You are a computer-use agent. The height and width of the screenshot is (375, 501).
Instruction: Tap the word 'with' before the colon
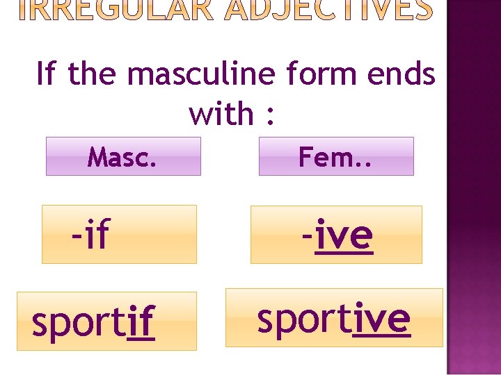point(221,113)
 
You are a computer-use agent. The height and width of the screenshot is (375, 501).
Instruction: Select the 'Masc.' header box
point(122,156)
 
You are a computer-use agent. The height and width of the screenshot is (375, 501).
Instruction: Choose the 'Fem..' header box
point(336,156)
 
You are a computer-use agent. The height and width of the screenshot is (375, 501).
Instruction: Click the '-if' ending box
point(119,235)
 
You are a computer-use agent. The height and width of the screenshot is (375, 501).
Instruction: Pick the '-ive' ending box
point(336,235)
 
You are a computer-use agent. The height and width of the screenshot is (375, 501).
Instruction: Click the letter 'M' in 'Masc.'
point(97,158)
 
